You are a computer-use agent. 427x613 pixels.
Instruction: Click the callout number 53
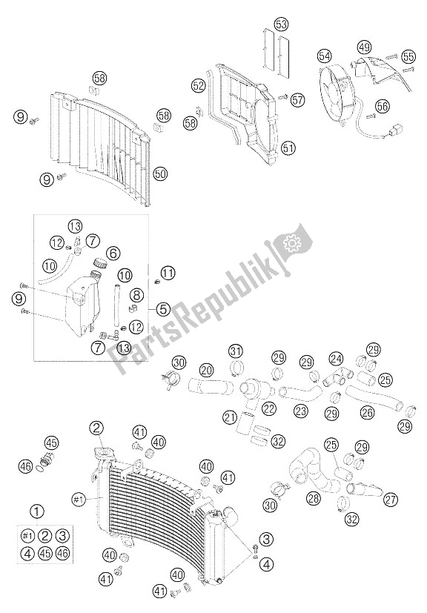tap(281, 24)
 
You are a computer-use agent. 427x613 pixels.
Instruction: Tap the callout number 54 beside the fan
tap(324, 56)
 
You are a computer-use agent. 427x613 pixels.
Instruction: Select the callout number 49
tap(365, 47)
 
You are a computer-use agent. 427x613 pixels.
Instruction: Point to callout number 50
tap(160, 173)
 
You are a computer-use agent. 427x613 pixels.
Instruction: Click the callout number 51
tap(288, 148)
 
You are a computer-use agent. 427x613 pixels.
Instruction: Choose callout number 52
tap(199, 85)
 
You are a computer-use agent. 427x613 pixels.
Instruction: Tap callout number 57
tap(297, 99)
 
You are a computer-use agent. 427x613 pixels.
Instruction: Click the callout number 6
tap(113, 254)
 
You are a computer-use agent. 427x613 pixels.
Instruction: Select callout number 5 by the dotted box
tap(162, 309)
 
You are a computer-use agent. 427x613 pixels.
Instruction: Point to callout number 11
tap(168, 273)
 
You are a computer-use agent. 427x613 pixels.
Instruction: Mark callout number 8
tap(137, 294)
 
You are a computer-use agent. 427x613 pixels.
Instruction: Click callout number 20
tap(206, 370)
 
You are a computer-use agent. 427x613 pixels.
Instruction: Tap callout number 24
tap(336, 359)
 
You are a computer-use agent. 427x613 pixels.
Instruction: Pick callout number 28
tap(314, 497)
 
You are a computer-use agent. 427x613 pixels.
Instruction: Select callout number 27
tap(391, 499)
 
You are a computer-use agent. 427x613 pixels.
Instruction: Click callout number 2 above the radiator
tap(96, 428)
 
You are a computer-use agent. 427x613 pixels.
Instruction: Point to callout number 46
tap(26, 465)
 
